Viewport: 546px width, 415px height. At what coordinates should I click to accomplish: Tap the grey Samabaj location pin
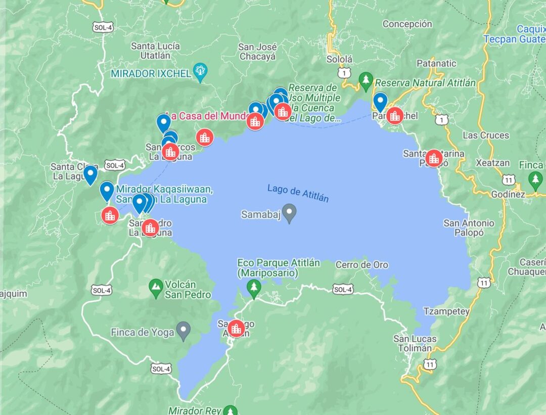(x=289, y=213)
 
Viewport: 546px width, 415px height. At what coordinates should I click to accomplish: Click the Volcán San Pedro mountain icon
(x=156, y=289)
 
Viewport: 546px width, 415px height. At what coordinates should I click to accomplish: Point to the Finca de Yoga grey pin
(x=184, y=332)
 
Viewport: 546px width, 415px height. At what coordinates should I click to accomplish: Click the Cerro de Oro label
(x=362, y=265)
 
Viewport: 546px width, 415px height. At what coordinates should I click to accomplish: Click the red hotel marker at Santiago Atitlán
(x=236, y=329)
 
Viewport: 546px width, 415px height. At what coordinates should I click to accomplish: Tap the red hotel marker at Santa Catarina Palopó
(x=433, y=158)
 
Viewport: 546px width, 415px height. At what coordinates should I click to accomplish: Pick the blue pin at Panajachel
(x=380, y=101)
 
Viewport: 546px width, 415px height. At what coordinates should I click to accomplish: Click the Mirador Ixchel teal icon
(x=200, y=73)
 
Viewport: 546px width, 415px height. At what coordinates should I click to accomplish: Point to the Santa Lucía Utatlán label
(x=155, y=51)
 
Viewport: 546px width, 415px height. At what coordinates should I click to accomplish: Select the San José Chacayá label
(x=258, y=52)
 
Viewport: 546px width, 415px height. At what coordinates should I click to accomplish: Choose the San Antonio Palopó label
(x=469, y=227)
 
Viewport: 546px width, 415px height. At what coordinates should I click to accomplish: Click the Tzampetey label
(x=446, y=311)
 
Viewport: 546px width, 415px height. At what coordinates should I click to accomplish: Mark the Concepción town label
(x=407, y=24)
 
